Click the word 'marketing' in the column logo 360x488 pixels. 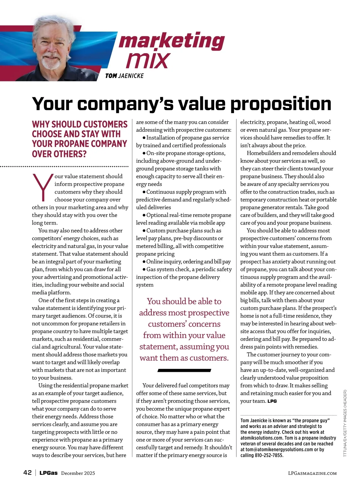(x=172, y=41)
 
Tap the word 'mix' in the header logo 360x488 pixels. (x=148, y=60)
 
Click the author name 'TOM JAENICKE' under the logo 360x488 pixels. (x=124, y=76)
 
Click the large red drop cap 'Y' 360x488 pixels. (x=42, y=187)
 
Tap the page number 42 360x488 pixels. (x=27, y=473)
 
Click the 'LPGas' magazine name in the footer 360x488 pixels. (x=49, y=473)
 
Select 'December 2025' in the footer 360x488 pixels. (x=78, y=473)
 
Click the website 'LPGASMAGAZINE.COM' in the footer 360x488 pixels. (x=312, y=473)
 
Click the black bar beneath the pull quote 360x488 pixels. (x=184, y=371)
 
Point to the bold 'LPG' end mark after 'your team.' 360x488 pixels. (x=272, y=401)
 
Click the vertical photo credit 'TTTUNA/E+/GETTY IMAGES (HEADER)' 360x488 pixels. (x=345, y=423)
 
